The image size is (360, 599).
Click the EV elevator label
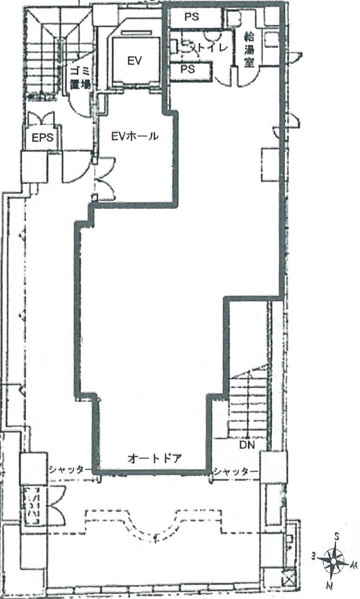(x=134, y=61)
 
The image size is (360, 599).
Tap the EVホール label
(x=135, y=136)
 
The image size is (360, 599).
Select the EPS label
(x=43, y=138)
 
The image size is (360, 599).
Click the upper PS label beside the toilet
(x=192, y=17)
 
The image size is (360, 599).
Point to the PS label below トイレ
(x=188, y=69)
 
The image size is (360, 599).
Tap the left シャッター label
(x=70, y=550)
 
